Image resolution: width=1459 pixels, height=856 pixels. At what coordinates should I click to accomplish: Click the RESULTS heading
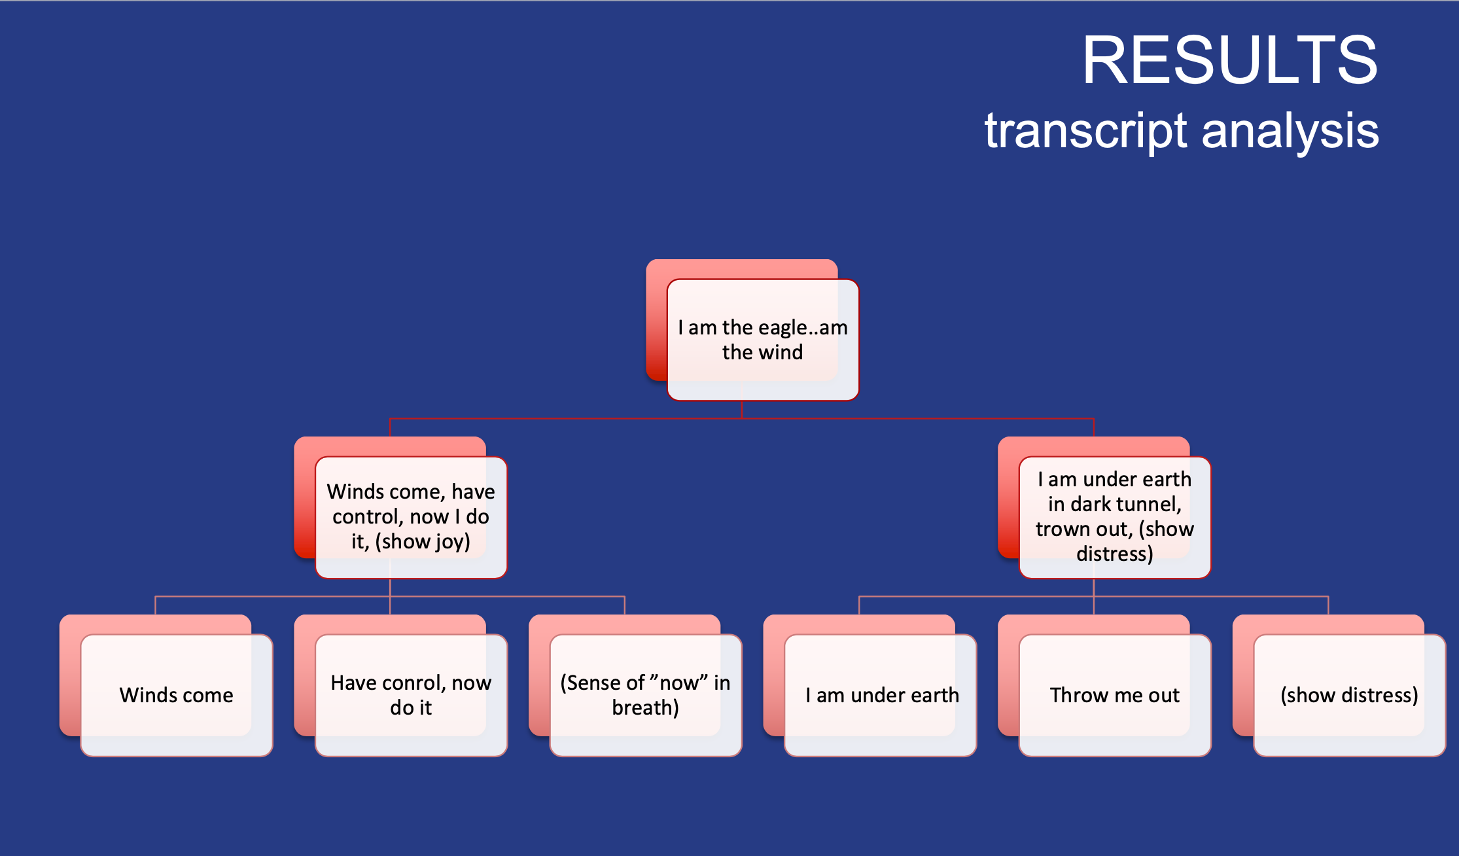pos(1229,60)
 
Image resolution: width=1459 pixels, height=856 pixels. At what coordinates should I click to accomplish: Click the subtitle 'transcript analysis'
pos(1181,131)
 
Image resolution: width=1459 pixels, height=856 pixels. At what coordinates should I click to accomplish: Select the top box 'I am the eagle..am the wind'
pos(762,340)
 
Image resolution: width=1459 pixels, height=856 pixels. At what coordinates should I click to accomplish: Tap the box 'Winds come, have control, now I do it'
pos(411,516)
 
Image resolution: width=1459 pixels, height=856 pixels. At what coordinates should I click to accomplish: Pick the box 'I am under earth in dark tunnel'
pos(1115,516)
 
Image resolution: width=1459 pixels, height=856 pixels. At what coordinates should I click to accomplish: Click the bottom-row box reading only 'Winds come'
pos(176,695)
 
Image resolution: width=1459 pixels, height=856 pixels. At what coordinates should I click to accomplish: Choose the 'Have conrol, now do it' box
pos(411,695)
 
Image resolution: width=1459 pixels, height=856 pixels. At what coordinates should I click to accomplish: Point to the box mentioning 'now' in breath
pos(645,695)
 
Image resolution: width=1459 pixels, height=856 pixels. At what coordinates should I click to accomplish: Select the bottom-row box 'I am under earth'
pos(881,695)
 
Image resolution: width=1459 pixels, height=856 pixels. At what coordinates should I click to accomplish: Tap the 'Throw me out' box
pos(1115,695)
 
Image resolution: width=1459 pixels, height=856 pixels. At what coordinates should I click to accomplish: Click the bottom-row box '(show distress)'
pos(1349,695)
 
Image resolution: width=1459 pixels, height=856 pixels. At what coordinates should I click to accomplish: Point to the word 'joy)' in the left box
pos(453,542)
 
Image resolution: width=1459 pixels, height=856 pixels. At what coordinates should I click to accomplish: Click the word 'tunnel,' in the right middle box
pos(1149,504)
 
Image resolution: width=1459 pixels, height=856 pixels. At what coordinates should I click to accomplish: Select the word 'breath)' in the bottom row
pos(645,707)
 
